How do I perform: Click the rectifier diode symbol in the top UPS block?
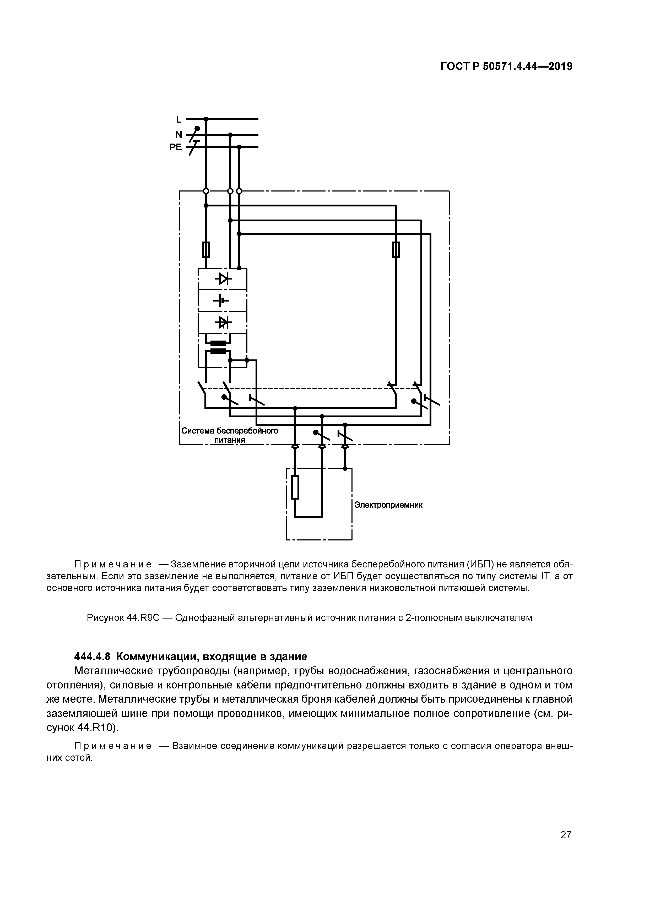223,278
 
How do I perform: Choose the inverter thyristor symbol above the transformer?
223,322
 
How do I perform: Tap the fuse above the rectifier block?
206,250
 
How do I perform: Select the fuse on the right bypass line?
396,250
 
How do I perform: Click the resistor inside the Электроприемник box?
295,487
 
